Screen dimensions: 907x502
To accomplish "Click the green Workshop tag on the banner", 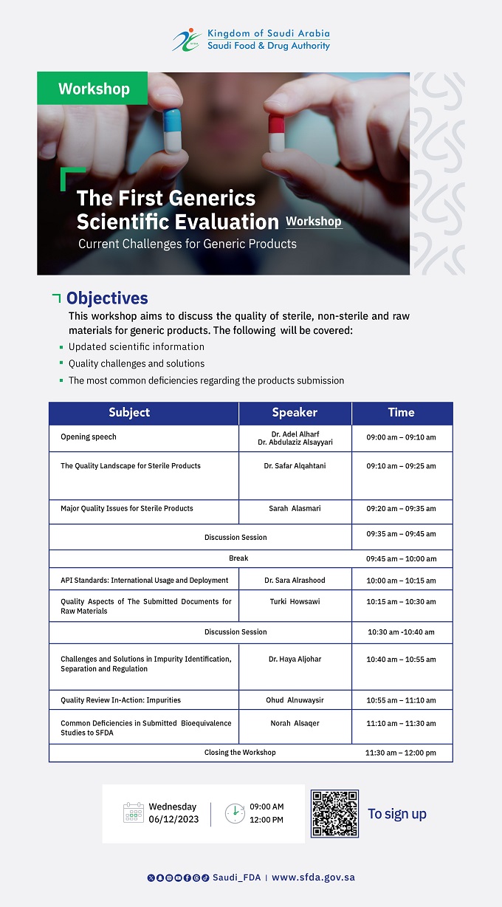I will click(x=93, y=89).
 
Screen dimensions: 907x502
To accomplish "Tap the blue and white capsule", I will click(x=172, y=131).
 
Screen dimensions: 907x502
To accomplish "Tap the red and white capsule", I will click(x=276, y=133).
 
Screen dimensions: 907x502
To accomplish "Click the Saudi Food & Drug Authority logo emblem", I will click(x=187, y=40).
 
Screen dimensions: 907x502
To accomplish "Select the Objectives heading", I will click(x=107, y=298).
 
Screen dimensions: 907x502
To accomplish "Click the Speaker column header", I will click(x=295, y=413).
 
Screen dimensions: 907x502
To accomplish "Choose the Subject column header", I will click(x=129, y=413).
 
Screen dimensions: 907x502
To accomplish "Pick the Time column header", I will click(x=401, y=413).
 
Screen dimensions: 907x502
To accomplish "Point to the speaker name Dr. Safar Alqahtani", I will click(x=295, y=466).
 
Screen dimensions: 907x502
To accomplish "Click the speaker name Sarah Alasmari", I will click(x=295, y=508).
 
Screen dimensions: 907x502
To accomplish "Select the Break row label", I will click(x=238, y=558).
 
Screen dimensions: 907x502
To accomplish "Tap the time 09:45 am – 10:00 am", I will click(x=401, y=558).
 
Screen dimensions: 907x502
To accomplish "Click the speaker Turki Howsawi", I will click(x=295, y=601).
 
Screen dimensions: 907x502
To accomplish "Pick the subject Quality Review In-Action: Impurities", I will click(x=120, y=699).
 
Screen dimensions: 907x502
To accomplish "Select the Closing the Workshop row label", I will click(x=240, y=752).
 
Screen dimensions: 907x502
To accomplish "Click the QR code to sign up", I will click(x=334, y=813).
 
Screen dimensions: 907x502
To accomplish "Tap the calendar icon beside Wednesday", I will click(x=134, y=812).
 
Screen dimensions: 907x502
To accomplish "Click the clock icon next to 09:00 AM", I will click(x=234, y=812).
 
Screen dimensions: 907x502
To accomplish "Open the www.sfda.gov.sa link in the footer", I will click(x=313, y=877).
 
